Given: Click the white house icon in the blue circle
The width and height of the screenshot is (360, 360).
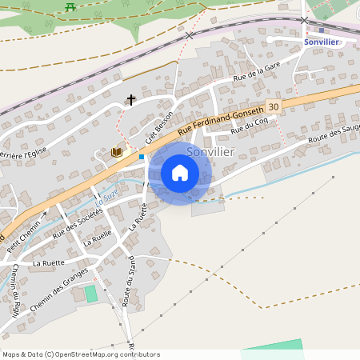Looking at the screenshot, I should click(x=180, y=173).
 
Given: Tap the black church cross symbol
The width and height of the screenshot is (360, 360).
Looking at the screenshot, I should click(x=131, y=100).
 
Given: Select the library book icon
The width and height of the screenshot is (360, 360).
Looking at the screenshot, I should click(x=117, y=152).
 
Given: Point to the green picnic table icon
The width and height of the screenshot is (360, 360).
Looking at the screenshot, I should click(x=70, y=6).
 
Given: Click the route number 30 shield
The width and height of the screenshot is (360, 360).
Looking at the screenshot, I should click(x=274, y=106).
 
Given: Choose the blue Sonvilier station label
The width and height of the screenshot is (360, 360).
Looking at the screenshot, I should click(x=322, y=42).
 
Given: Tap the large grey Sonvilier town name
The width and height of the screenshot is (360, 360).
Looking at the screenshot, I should click(x=210, y=150).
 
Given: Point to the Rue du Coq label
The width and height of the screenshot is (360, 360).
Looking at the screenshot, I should click(x=246, y=125).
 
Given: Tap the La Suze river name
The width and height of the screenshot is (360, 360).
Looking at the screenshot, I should click(x=109, y=192).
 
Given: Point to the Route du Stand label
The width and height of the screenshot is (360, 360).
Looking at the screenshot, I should click(x=129, y=280).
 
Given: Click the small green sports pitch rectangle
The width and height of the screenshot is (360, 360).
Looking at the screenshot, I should click(x=91, y=294).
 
